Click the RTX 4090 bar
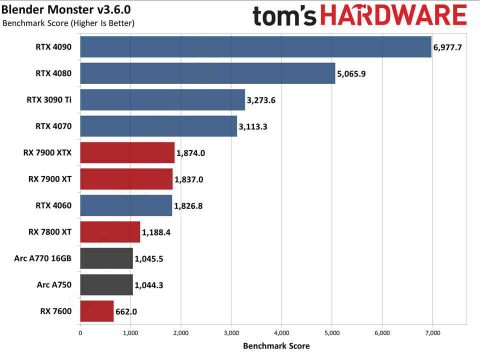click(255, 47)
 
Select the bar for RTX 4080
click(207, 73)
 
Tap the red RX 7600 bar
click(96, 311)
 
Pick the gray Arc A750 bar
click(106, 285)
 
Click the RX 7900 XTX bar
click(127, 152)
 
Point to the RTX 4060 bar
click(125, 205)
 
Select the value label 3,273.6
click(261, 100)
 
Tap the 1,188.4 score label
click(156, 232)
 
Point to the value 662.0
click(126, 311)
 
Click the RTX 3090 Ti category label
click(49, 99)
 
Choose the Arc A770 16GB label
click(43, 258)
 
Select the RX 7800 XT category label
click(50, 232)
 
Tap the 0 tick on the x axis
click(80, 333)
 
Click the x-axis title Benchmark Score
click(276, 346)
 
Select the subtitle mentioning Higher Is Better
click(68, 23)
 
